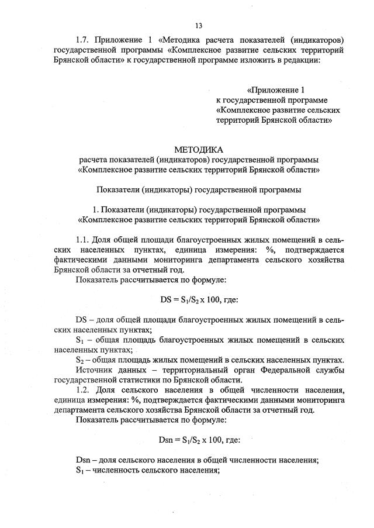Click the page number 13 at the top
(199, 25)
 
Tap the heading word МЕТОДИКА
(199, 150)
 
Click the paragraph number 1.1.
(84, 240)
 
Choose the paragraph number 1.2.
(84, 390)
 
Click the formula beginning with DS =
(199, 300)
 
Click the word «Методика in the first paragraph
(179, 40)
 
